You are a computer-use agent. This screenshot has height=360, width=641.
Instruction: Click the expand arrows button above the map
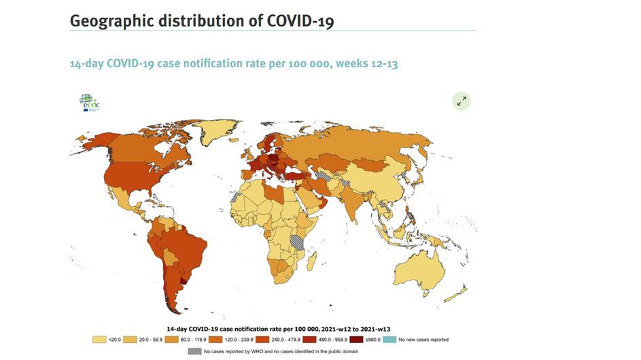[462, 101]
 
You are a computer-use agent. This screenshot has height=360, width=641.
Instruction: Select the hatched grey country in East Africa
[298, 240]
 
